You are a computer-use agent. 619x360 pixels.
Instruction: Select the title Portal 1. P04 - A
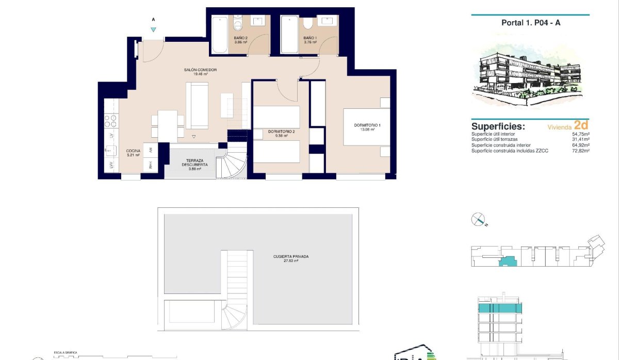pyautogui.click(x=531, y=23)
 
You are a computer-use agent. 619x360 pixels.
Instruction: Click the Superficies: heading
pyautogui.click(x=498, y=126)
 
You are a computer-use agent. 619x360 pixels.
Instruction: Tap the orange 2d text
pyautogui.click(x=581, y=125)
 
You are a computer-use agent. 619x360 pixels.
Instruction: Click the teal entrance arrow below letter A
pyautogui.click(x=153, y=29)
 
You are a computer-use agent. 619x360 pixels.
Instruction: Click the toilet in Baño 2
pyautogui.click(x=238, y=24)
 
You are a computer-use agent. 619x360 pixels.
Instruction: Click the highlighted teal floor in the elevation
pyautogui.click(x=500, y=308)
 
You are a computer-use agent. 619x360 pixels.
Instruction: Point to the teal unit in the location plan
pyautogui.click(x=508, y=262)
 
